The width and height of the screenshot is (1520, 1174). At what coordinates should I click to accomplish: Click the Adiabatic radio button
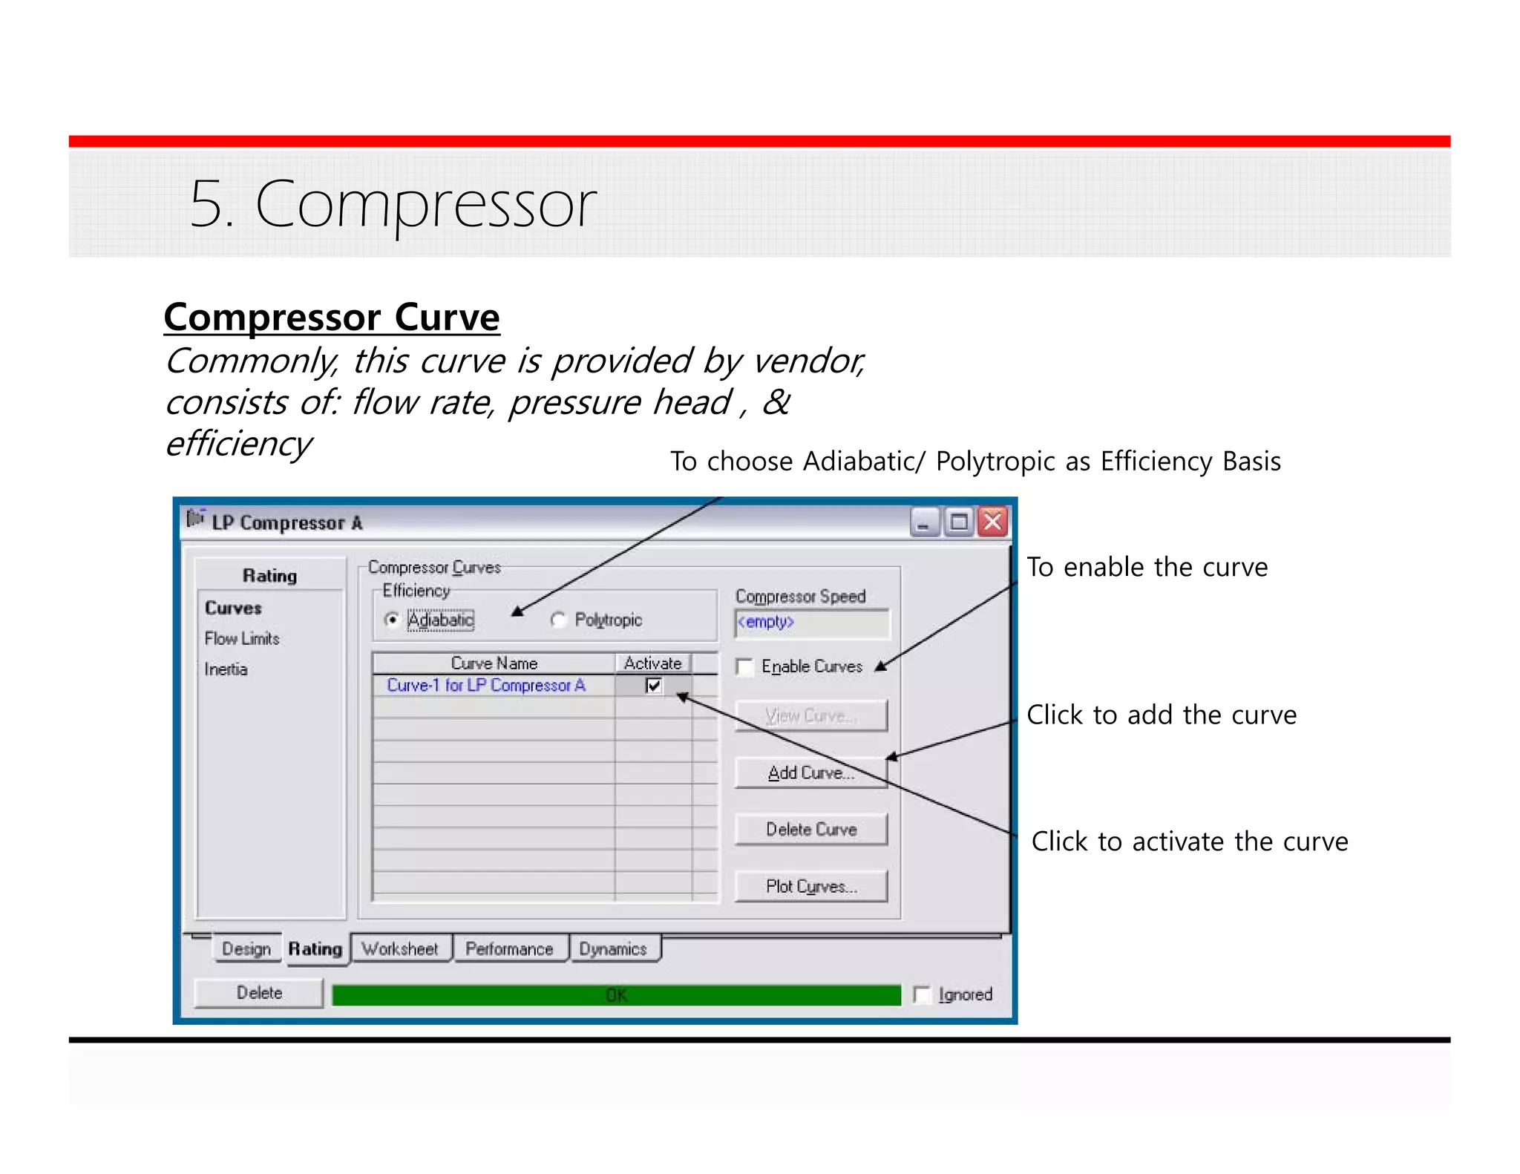coord(392,619)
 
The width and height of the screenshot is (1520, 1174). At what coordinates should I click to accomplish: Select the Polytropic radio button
coord(559,620)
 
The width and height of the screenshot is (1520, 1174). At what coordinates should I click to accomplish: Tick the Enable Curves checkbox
coord(744,666)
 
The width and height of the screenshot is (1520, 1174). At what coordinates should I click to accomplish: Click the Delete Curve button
coord(810,829)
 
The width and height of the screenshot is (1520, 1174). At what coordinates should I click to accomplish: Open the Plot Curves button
coord(810,886)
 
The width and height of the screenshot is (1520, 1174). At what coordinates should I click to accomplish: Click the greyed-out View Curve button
coord(810,715)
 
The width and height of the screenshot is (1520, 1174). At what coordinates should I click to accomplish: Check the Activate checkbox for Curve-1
coord(653,685)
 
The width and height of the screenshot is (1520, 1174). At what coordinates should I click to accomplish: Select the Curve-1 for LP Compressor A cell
coord(486,685)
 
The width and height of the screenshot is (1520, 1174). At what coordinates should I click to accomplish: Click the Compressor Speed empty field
coord(810,622)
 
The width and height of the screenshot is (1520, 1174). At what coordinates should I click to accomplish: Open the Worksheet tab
coord(400,948)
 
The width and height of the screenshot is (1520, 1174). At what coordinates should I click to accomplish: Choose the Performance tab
coord(509,948)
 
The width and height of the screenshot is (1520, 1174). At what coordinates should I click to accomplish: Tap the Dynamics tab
coord(613,948)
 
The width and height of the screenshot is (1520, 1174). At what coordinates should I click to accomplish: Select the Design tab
coord(246,948)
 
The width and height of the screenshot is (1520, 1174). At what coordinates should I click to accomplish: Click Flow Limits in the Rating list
coord(242,638)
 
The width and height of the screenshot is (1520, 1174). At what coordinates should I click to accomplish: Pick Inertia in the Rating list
coord(226,669)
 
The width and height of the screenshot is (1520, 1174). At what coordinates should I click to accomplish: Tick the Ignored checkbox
coord(922,994)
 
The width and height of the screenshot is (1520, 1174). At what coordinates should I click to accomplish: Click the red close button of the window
coord(992,522)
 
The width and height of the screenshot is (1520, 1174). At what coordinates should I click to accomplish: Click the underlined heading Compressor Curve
coord(332,318)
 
